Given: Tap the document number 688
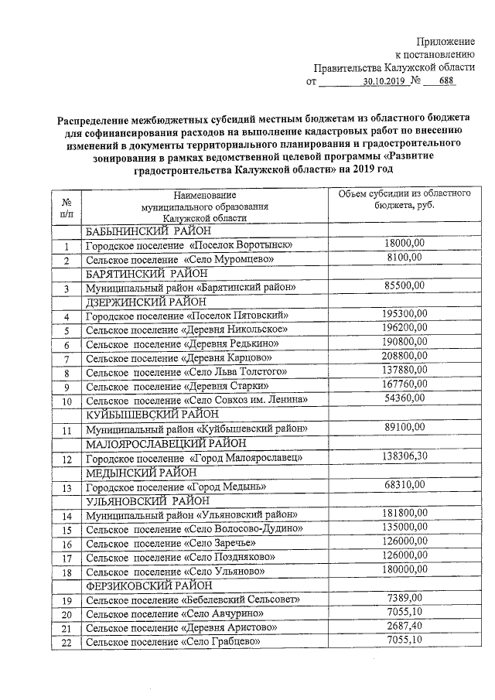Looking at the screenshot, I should coord(448,80).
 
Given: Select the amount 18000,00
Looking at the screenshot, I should coord(405,245).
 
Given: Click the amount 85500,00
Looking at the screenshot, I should coord(405,287).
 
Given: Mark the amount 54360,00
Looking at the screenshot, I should coord(405,399).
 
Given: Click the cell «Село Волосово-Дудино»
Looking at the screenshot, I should coord(194,529).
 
